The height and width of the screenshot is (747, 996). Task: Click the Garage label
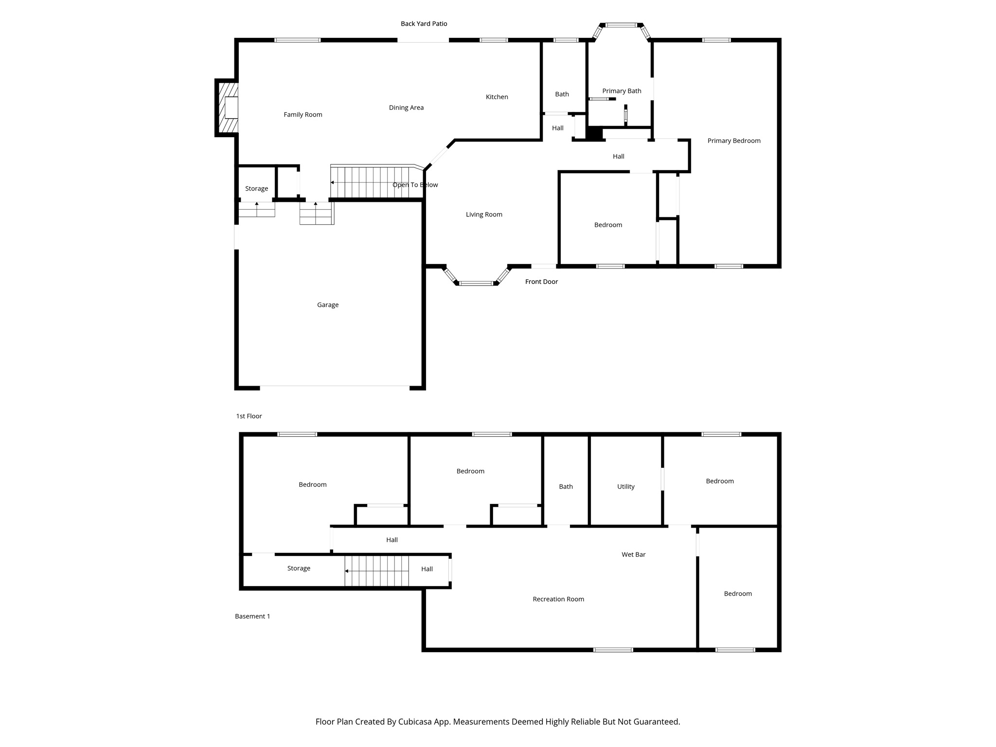[327, 305]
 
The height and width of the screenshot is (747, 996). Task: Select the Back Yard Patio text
[424, 24]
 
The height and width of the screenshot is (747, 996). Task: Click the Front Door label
[541, 282]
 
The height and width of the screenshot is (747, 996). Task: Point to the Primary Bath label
[622, 91]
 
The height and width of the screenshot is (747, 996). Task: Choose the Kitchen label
[497, 97]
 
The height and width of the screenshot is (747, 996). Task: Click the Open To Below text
[415, 185]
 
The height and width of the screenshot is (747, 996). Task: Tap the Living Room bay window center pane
[476, 283]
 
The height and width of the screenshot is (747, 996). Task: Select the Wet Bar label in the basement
[633, 554]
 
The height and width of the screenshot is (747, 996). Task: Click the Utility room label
[625, 486]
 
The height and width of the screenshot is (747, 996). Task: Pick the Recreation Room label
[558, 599]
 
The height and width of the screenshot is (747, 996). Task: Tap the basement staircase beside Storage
[376, 571]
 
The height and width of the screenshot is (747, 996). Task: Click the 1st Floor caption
[249, 416]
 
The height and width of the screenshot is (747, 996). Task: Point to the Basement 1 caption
[252, 616]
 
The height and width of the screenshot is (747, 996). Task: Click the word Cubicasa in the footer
[416, 722]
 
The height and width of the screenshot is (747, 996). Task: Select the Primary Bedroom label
[733, 141]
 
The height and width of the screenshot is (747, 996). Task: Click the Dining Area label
[406, 107]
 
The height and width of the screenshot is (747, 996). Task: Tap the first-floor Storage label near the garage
[256, 189]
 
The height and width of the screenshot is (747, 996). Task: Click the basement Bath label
[566, 486]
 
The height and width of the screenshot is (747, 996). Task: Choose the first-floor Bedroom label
[608, 225]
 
